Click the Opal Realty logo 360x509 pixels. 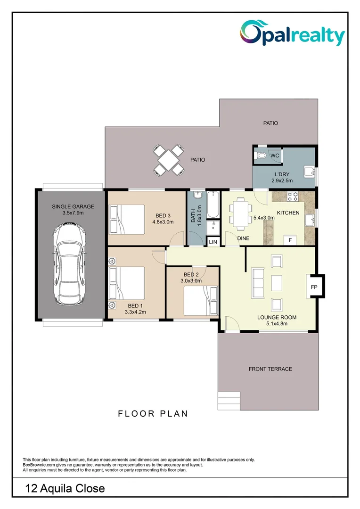[x=292, y=33]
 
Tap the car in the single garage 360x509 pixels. [x=70, y=263]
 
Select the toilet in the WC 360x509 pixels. [x=261, y=156]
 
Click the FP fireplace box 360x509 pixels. [x=314, y=287]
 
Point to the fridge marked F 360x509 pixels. [x=290, y=240]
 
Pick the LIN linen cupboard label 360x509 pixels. [x=213, y=242]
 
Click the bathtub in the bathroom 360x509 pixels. [x=213, y=205]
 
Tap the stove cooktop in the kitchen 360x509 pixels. [x=293, y=196]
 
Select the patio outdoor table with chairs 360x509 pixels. [x=169, y=160]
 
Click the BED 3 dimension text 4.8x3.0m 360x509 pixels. [x=163, y=222]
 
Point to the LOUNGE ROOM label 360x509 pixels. [x=277, y=317]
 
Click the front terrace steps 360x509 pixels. [x=229, y=401]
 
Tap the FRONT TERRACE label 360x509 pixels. [x=270, y=369]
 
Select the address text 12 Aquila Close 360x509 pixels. [x=65, y=488]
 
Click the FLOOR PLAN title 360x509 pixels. [x=153, y=414]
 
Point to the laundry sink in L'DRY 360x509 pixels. [x=310, y=172]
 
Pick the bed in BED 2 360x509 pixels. [x=201, y=301]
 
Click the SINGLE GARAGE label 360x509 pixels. [x=73, y=206]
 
